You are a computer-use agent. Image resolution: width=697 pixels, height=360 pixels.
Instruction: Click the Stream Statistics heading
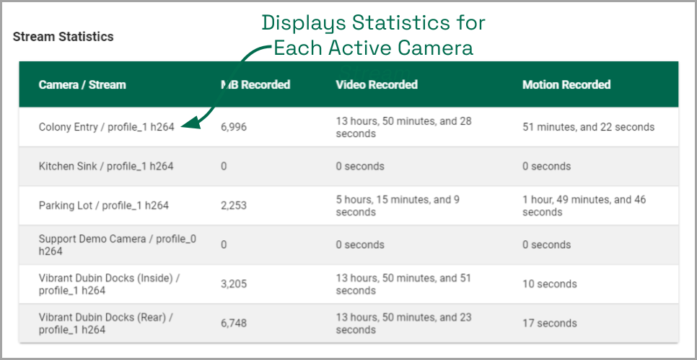(x=63, y=37)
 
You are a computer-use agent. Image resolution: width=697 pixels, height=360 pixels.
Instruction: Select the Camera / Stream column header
(x=82, y=84)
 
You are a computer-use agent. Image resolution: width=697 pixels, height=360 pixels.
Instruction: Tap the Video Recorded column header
(x=377, y=84)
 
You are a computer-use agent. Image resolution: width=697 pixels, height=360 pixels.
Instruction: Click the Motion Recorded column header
(x=566, y=84)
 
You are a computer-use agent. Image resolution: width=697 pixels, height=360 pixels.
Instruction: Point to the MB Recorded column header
(x=255, y=84)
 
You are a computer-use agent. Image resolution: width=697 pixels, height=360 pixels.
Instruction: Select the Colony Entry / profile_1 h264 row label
(x=106, y=128)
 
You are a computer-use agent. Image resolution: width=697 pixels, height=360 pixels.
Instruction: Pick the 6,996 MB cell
(x=234, y=128)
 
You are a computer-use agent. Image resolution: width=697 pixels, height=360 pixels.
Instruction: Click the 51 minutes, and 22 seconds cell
(x=589, y=128)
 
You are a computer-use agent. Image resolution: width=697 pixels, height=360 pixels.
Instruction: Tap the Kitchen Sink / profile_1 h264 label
(x=106, y=167)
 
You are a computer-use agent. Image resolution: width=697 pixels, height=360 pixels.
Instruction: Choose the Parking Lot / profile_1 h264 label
(x=104, y=206)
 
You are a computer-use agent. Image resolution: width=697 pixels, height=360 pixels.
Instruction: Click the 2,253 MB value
(x=234, y=206)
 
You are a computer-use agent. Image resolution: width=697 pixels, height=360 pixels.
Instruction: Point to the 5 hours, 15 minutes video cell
(x=398, y=206)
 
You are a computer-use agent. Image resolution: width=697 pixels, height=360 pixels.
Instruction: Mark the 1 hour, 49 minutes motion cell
(x=584, y=206)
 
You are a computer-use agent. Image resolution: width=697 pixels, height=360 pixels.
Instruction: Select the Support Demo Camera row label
(x=118, y=245)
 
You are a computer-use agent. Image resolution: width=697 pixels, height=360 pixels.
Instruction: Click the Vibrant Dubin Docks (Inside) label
(x=110, y=284)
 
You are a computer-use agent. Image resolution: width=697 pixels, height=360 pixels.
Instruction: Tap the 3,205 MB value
(x=234, y=284)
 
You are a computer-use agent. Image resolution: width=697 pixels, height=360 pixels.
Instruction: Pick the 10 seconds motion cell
(x=550, y=284)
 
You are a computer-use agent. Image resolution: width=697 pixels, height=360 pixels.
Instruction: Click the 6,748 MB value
(x=234, y=323)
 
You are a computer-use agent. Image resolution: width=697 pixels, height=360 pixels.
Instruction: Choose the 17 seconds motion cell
(x=550, y=323)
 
